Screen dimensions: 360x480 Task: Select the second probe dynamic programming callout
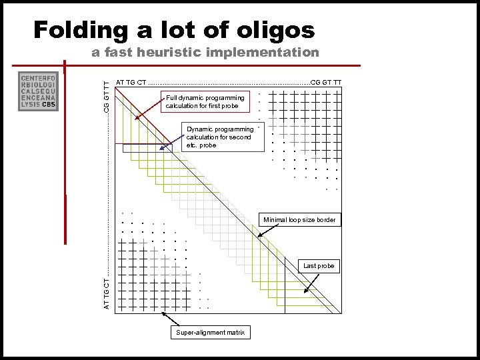pos(219,137)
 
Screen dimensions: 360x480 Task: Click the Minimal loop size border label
pos(299,219)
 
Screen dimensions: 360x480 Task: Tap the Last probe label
pos(318,266)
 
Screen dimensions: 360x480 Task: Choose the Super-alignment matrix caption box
pos(210,332)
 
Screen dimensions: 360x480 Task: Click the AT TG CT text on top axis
pos(131,83)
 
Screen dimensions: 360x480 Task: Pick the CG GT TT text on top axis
pos(326,83)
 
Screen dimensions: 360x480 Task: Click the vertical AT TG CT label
pos(106,294)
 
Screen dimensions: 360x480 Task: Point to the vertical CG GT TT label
pos(106,95)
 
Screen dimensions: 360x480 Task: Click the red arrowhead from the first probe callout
pos(136,119)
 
